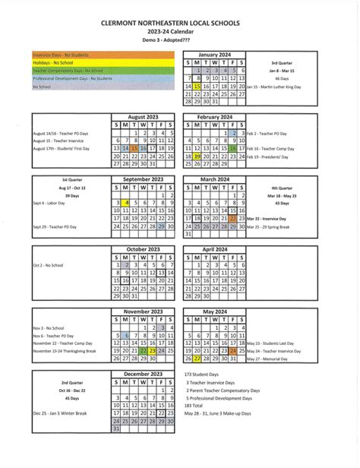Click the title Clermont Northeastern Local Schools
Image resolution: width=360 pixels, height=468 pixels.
pos(179,24)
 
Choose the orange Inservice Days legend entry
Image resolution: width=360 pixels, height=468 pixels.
pos(61,55)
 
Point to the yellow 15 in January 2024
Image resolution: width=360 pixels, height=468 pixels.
pos(197,87)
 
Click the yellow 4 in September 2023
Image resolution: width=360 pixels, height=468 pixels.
pos(126,203)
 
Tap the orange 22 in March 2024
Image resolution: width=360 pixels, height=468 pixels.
pos(233,218)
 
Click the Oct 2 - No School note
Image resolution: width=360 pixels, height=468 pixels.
pos(49,264)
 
